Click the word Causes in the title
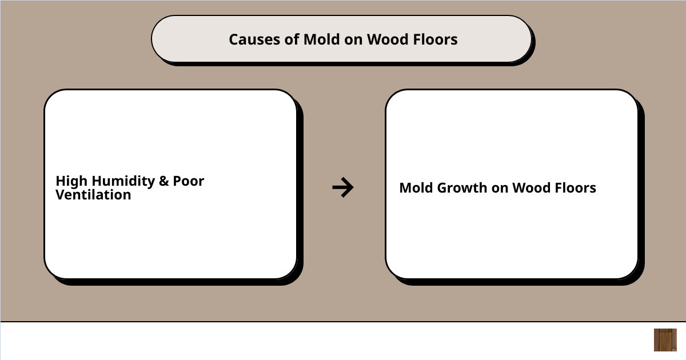coord(254,39)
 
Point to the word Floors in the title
coord(435,39)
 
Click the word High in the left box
coord(71,181)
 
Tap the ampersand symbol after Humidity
coord(164,181)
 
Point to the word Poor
coord(188,181)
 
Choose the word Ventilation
coord(93,195)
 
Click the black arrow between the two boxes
coord(343,187)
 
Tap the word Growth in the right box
coord(462,188)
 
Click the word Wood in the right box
coord(531,188)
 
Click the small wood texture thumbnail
coord(665,340)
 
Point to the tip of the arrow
coord(353,187)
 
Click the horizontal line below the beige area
coord(343,322)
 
